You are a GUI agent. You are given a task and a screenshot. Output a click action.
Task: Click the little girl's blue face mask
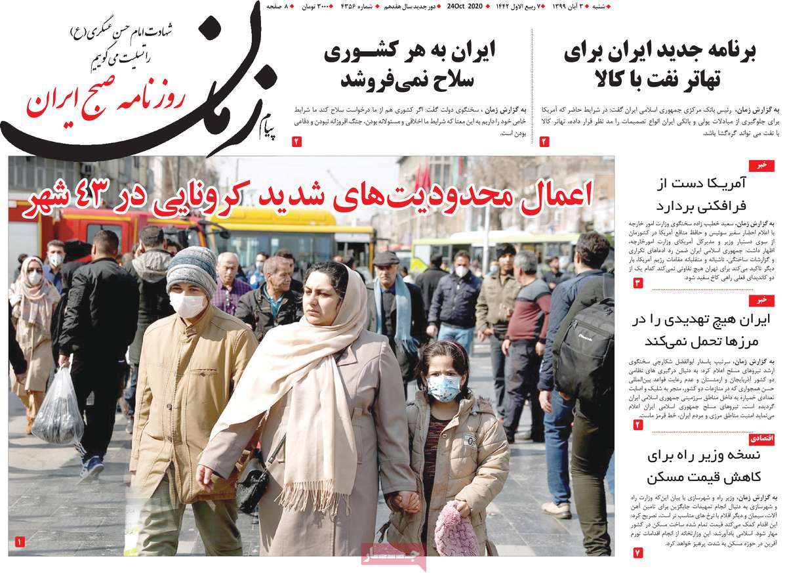click(444, 387)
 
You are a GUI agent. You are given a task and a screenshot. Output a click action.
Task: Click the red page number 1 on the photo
click(19, 541)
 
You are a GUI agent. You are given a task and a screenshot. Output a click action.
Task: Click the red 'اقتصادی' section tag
click(761, 438)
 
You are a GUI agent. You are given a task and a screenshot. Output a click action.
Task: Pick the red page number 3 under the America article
click(637, 283)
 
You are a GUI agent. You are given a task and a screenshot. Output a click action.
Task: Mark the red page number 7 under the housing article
click(637, 553)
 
